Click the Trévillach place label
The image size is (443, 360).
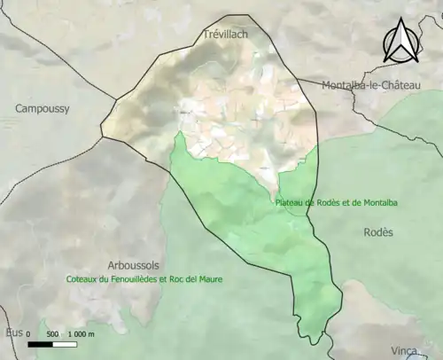(226, 34)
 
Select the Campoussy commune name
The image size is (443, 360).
(42, 108)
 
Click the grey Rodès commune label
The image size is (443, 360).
(378, 231)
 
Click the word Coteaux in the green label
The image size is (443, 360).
(83, 278)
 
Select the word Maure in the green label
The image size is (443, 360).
(210, 278)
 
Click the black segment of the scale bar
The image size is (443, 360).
(40, 345)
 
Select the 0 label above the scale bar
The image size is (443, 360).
(27, 334)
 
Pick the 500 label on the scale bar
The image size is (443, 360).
(52, 334)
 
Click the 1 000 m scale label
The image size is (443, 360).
(81, 334)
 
